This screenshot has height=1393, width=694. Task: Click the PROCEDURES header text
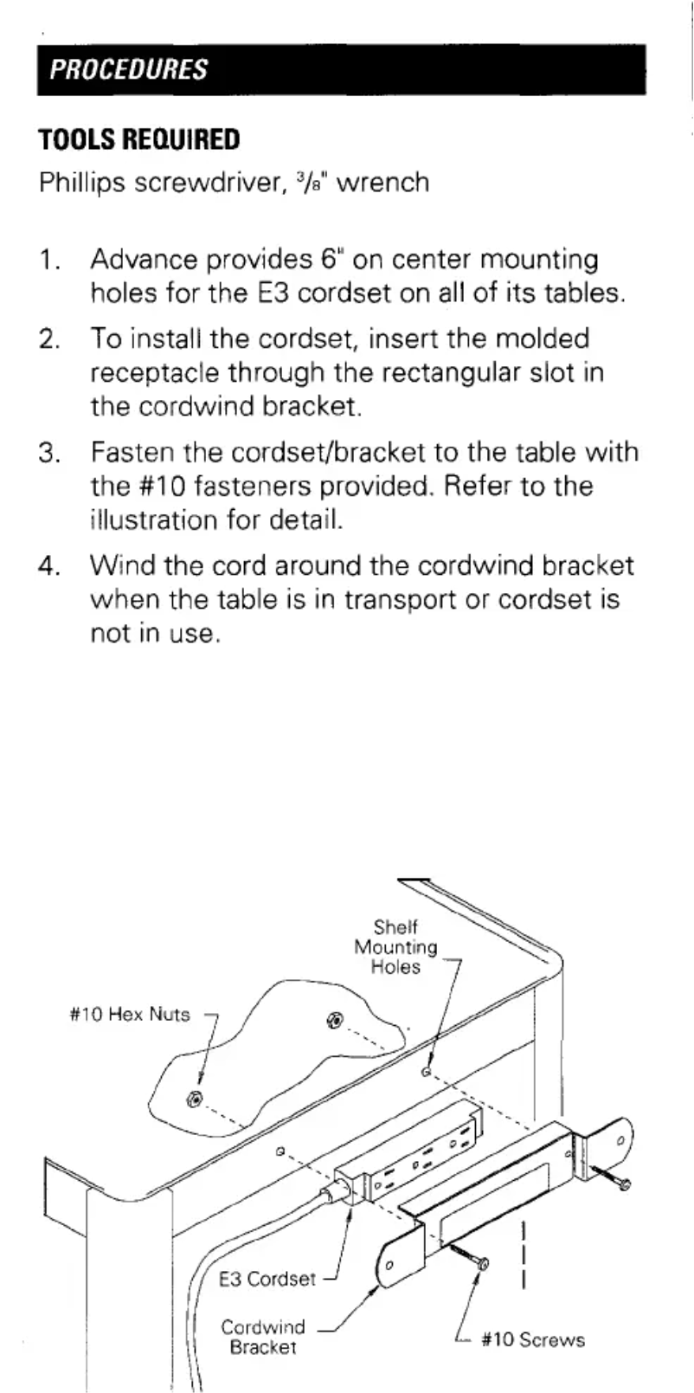pyautogui.click(x=128, y=69)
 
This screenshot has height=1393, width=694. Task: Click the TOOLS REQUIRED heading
pyautogui.click(x=138, y=139)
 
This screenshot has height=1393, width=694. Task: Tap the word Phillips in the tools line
pyautogui.click(x=80, y=183)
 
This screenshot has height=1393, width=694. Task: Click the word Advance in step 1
pyautogui.click(x=143, y=260)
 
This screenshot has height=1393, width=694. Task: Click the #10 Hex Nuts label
pyautogui.click(x=129, y=1014)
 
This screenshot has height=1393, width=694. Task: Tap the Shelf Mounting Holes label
pyautogui.click(x=395, y=947)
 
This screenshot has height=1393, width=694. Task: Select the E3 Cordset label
pyautogui.click(x=267, y=1279)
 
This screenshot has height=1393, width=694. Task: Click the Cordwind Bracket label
pyautogui.click(x=262, y=1337)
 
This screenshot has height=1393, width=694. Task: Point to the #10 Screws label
pyautogui.click(x=532, y=1339)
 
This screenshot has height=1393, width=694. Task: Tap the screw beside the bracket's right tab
pyautogui.click(x=615, y=1179)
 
